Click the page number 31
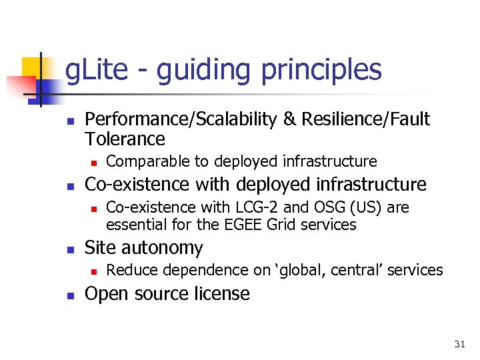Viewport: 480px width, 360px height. click(459, 344)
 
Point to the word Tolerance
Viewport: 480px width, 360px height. click(125, 139)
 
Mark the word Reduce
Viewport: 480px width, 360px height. click(129, 270)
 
